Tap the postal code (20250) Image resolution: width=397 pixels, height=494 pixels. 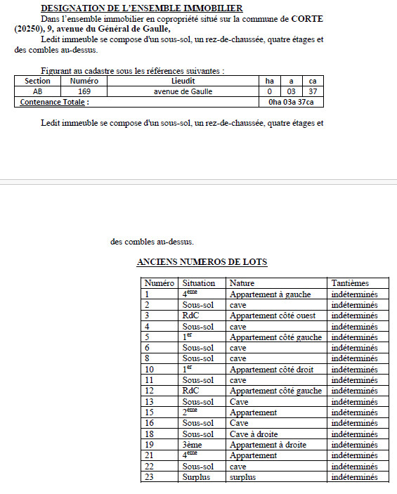pos(29,29)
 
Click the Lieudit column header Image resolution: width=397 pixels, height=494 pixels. pos(183,81)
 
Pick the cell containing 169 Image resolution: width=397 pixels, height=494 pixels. pos(84,91)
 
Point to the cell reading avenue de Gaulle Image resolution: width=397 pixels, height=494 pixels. pos(183,91)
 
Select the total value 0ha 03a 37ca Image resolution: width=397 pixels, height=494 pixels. pos(291,102)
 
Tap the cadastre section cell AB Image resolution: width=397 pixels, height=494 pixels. pos(37,91)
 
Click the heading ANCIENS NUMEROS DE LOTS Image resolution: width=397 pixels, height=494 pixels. pos(202,262)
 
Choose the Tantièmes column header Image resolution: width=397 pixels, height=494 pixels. pos(349,282)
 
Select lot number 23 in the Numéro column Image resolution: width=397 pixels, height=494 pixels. pos(149,477)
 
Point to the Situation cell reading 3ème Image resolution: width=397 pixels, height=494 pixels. pos(193,445)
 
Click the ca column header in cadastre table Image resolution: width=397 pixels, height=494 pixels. pos(313,81)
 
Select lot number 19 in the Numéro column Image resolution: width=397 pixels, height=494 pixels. pos(149,445)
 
